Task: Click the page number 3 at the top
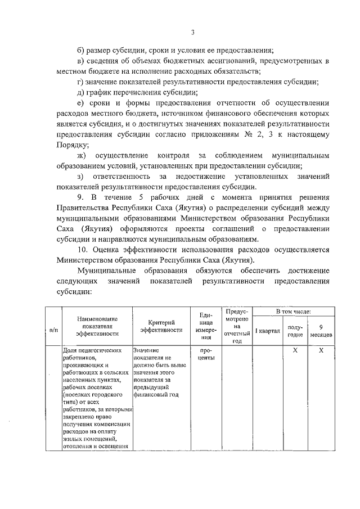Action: (x=192, y=16)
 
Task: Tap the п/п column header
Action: (x=54, y=329)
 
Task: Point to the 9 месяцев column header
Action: (x=321, y=331)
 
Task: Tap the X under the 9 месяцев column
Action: (x=321, y=350)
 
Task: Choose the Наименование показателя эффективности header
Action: (x=96, y=326)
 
